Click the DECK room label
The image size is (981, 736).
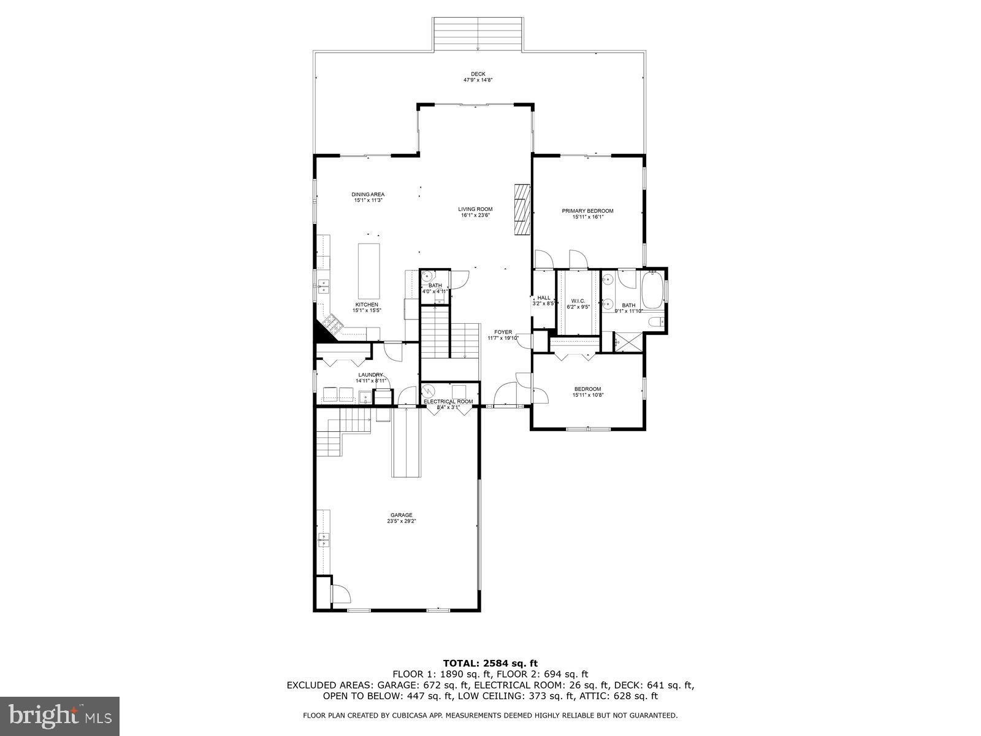click(478, 74)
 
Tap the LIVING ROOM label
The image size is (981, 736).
click(476, 209)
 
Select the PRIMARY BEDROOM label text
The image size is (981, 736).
click(587, 211)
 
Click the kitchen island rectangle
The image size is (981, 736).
click(369, 270)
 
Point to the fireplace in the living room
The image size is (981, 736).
click(521, 209)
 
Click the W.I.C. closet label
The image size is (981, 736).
click(577, 301)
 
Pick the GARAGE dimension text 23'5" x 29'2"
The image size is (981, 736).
click(402, 521)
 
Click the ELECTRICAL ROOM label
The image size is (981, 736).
click(448, 402)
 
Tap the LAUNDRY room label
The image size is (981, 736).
click(370, 375)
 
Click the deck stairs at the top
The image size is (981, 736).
click(478, 34)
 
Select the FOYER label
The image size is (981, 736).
click(503, 332)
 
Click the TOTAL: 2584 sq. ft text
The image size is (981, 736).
click(490, 662)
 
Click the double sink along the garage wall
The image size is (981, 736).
click(323, 540)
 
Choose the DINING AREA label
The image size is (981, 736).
click(368, 194)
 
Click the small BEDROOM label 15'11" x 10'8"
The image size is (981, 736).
click(587, 389)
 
